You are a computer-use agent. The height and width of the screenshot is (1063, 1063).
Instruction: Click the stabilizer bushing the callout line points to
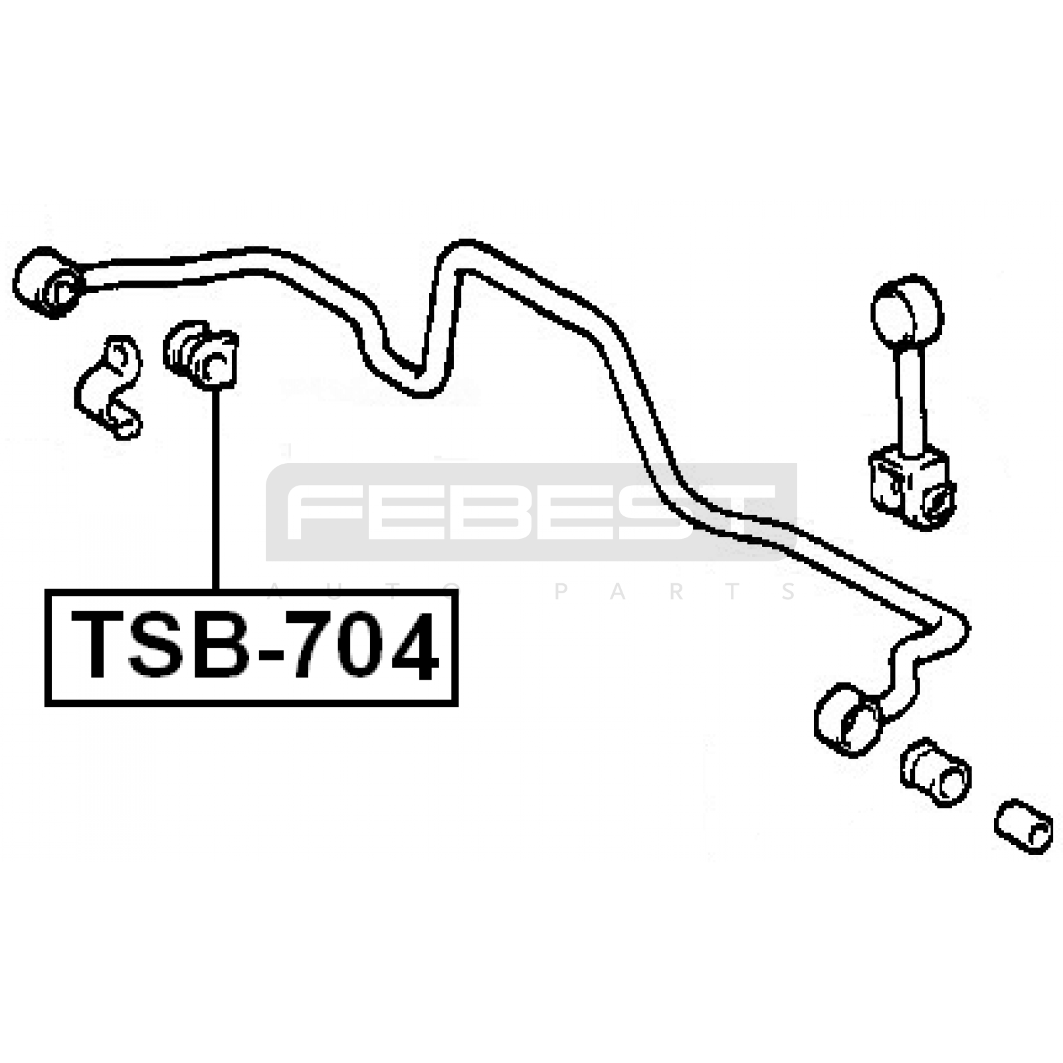coord(201,354)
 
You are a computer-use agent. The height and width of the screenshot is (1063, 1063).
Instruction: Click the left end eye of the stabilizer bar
coord(48,282)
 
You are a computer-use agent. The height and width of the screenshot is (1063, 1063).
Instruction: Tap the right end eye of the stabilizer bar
coord(848,720)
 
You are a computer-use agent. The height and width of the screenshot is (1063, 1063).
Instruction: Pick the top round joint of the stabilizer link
coord(907,310)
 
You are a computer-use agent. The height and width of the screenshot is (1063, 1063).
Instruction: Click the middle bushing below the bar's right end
coord(936,771)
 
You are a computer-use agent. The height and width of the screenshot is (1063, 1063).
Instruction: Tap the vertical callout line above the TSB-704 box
coord(215,490)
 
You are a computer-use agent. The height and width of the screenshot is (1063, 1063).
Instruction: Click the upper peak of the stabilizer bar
coord(465,256)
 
